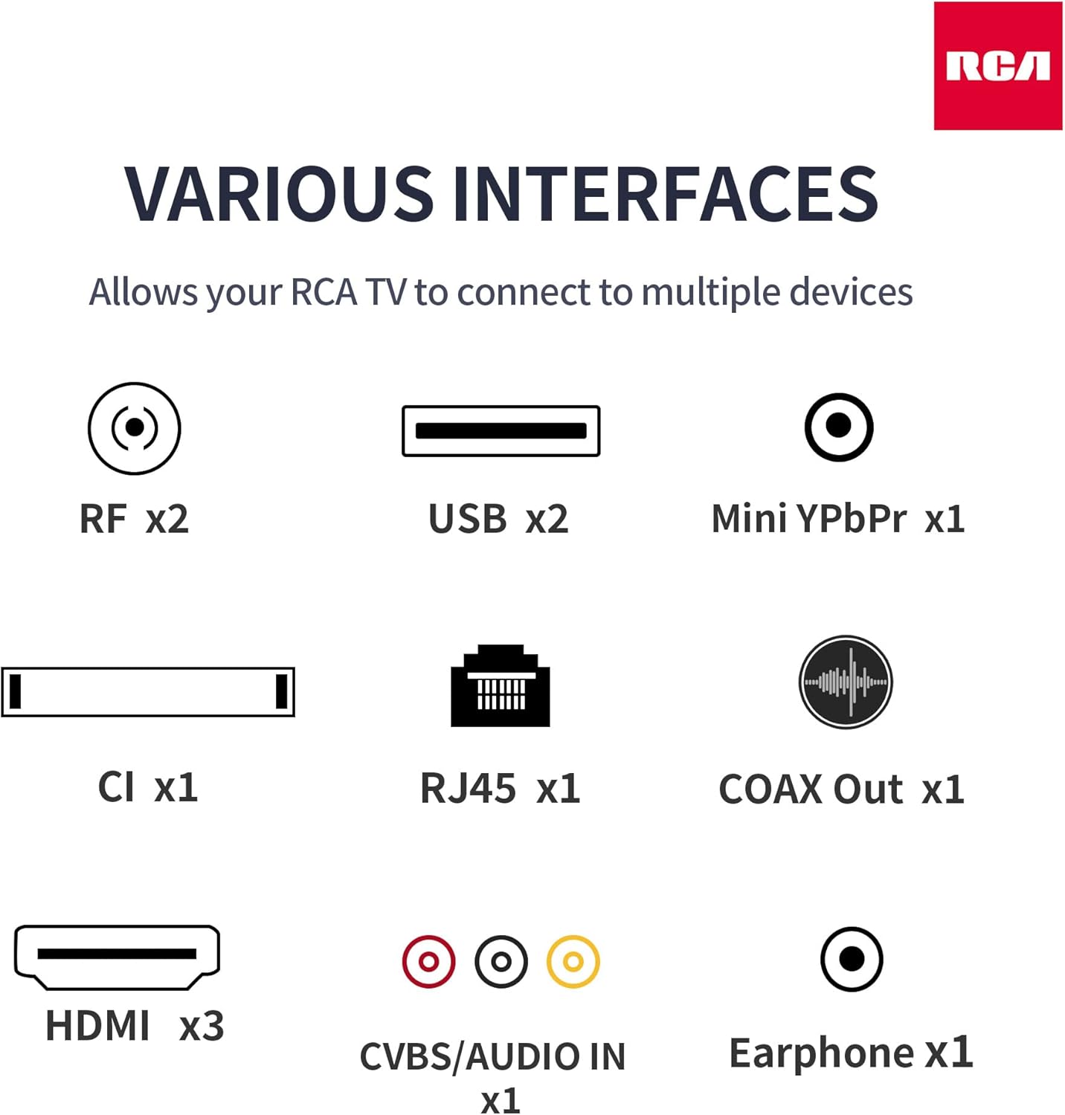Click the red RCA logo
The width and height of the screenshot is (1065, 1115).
[x=998, y=65]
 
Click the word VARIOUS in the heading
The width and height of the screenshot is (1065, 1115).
[x=279, y=193]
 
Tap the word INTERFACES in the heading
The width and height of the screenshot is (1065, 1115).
[x=666, y=193]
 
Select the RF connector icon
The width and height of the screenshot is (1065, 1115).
[x=135, y=428]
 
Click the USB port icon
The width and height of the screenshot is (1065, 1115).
[x=501, y=430]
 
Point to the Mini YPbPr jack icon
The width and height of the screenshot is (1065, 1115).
[x=839, y=427]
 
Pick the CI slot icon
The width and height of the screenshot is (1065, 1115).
[x=148, y=691]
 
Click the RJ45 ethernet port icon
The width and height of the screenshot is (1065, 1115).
[x=501, y=685]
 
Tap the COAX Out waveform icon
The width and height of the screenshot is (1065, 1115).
[x=846, y=682]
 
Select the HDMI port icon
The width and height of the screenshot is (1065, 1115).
[x=118, y=957]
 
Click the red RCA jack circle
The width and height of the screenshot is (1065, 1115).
[x=428, y=961]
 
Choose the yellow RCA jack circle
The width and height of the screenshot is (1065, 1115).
[x=573, y=961]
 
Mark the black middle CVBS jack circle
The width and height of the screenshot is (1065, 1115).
[x=501, y=961]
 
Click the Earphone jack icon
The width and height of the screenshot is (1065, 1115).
[x=852, y=959]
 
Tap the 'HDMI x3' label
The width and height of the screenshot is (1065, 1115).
[x=135, y=1026]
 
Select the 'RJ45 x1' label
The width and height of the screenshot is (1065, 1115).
[x=501, y=789]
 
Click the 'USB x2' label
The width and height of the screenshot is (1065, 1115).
[x=498, y=519]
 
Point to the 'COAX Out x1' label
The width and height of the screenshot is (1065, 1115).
[x=842, y=789]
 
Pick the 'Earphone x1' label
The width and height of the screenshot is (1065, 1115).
[x=851, y=1053]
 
